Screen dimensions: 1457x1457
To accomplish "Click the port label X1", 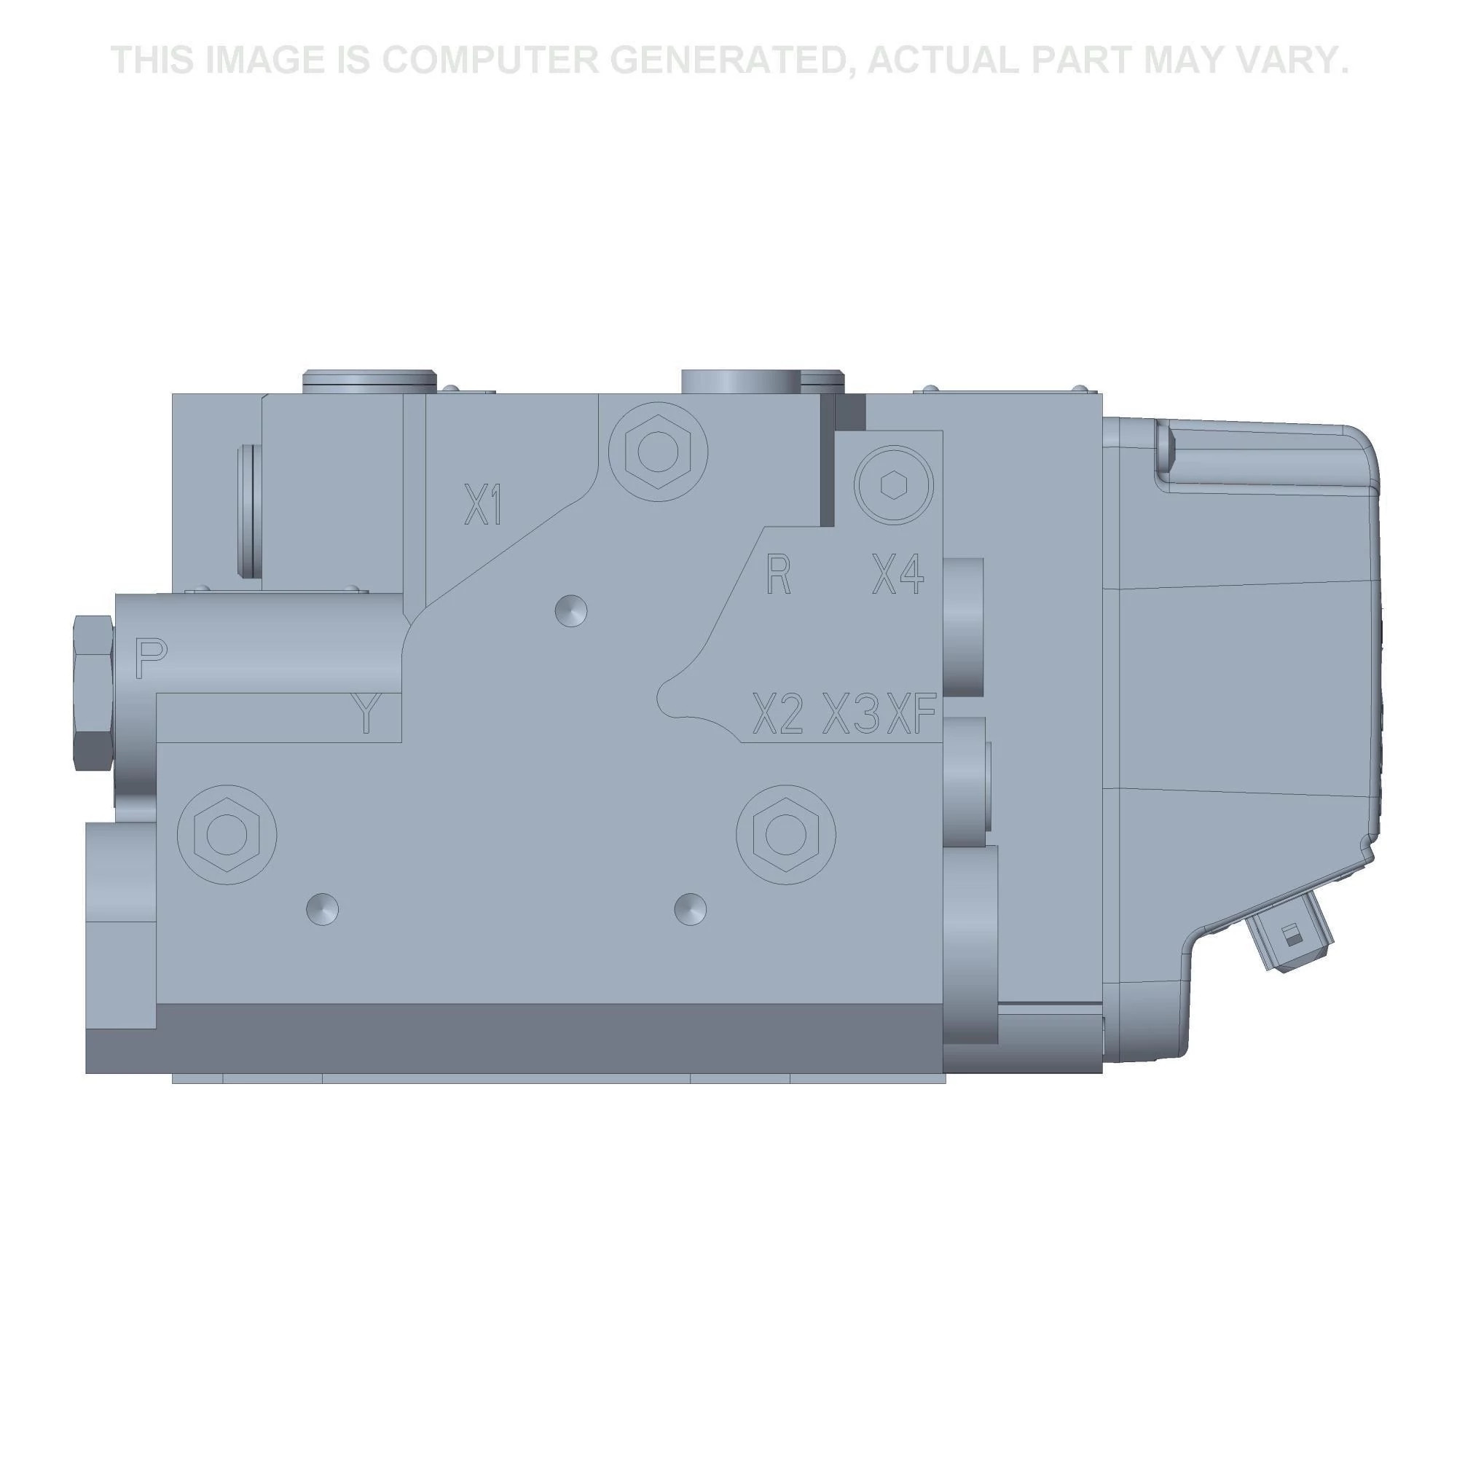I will click(x=483, y=506).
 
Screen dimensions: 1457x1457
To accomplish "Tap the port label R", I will click(x=777, y=575).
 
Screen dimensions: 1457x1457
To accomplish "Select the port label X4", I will click(x=898, y=575).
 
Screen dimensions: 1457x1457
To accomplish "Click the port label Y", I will click(x=366, y=713).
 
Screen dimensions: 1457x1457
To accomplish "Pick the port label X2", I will click(x=777, y=713).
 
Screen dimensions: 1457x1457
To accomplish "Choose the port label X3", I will click(x=850, y=713).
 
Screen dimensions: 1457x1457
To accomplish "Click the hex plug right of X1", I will click(x=658, y=451).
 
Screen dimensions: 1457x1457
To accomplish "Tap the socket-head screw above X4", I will click(x=894, y=485).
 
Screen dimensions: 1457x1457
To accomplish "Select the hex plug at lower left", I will click(x=227, y=835).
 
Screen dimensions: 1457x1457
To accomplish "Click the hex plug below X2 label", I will click(x=786, y=833).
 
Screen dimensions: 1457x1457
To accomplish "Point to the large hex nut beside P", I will click(x=94, y=691).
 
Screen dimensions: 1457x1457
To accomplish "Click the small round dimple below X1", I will click(x=571, y=609).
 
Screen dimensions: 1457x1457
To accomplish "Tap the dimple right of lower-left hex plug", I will click(x=322, y=908).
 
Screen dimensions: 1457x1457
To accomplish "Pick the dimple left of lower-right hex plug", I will click(x=690, y=908).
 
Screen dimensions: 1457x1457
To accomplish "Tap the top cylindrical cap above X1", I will click(x=369, y=381).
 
